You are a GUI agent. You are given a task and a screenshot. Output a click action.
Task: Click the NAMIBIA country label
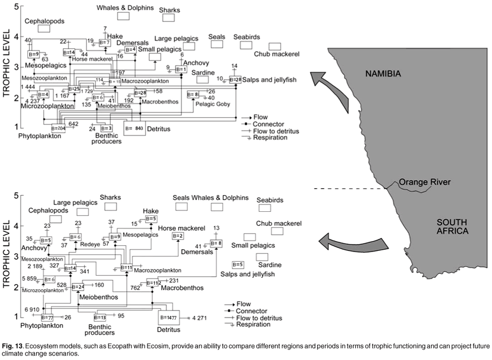(388, 73)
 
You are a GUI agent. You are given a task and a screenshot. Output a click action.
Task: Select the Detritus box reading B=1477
(169, 317)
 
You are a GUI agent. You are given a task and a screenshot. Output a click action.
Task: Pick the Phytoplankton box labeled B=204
(57, 129)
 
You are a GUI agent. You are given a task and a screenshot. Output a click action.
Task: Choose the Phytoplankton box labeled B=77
(47, 317)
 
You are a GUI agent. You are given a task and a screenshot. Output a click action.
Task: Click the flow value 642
(73, 123)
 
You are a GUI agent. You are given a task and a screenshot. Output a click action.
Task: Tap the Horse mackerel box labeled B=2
(177, 237)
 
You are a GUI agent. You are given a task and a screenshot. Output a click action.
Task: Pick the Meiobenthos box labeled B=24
(78, 286)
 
